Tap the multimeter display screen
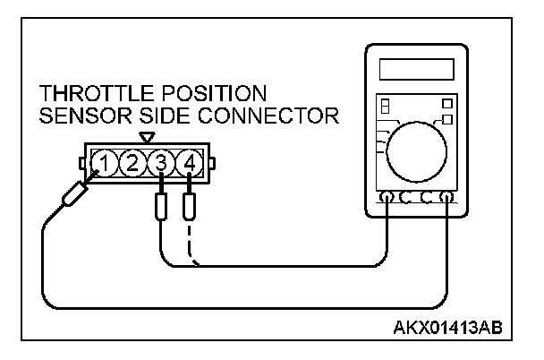(413, 70)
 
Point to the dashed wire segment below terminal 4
(191, 246)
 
